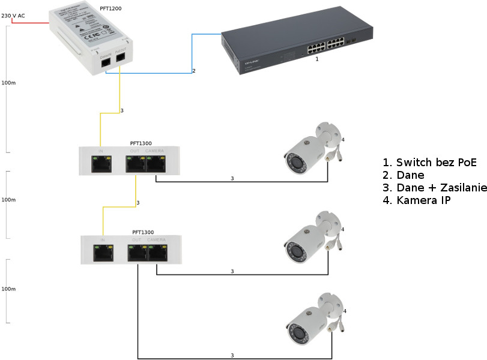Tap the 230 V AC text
click(x=13, y=16)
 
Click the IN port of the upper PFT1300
click(x=101, y=163)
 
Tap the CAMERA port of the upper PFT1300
click(x=157, y=163)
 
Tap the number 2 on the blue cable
click(x=193, y=71)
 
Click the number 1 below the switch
click(x=317, y=59)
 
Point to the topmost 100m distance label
click(x=8, y=82)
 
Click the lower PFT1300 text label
click(x=143, y=232)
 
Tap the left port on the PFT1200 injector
click(x=106, y=61)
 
